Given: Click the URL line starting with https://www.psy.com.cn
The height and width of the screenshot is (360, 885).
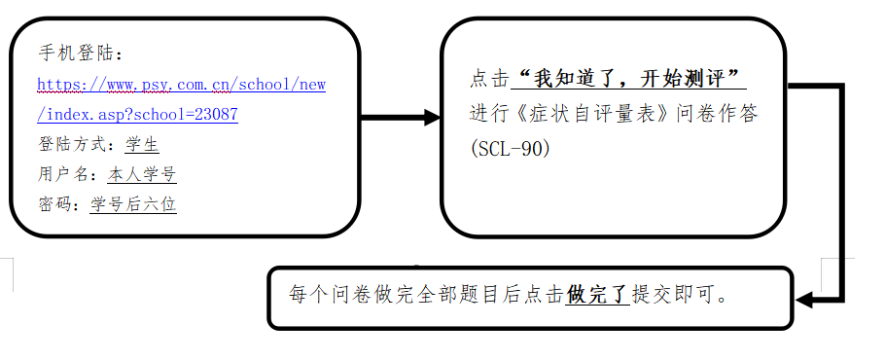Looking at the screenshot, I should click(x=181, y=85).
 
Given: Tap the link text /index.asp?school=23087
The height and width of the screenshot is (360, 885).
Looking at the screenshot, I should click(x=137, y=115).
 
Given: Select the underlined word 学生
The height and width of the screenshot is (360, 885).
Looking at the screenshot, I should click(x=142, y=145).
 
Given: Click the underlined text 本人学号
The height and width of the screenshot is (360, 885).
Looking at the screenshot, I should click(x=142, y=175).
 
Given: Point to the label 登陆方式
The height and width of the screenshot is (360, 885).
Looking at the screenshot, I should click(x=76, y=145).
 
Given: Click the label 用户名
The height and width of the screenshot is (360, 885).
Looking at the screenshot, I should click(x=67, y=175).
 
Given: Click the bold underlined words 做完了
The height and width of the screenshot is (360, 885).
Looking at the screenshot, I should click(x=598, y=293).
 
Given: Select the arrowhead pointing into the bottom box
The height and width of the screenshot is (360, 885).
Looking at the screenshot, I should click(x=806, y=299).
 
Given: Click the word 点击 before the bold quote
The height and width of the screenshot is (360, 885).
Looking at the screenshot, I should click(x=489, y=77).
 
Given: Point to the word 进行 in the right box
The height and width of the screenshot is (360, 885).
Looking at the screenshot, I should click(x=489, y=113).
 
